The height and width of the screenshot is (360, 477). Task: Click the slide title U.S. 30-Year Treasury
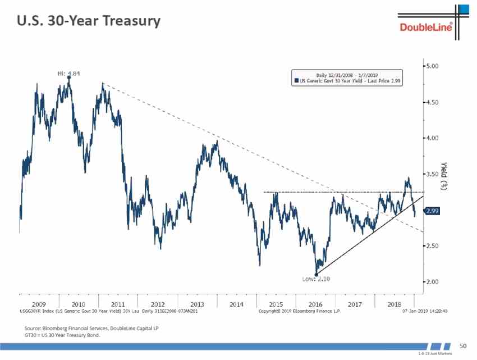(x=88, y=21)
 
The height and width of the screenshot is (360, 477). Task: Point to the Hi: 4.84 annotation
(x=69, y=73)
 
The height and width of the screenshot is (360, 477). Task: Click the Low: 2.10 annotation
(x=316, y=279)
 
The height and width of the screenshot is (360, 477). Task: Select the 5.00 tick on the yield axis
(x=431, y=66)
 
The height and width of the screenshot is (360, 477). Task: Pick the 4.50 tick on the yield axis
(x=431, y=102)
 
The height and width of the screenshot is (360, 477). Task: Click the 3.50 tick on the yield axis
(x=431, y=174)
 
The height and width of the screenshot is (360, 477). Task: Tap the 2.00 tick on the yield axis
(x=431, y=282)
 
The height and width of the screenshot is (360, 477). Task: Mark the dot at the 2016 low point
(x=317, y=274)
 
